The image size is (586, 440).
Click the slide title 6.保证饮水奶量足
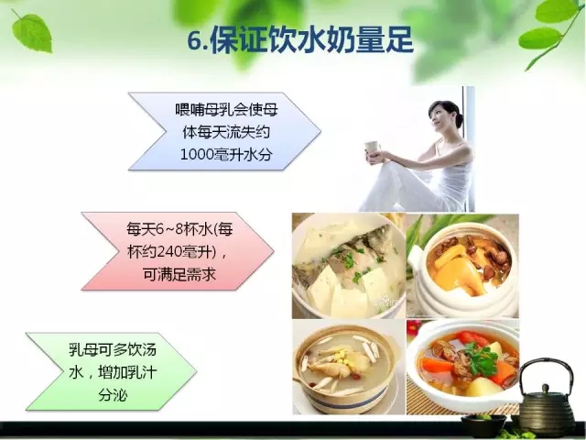point(300,40)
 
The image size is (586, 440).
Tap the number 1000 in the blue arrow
point(198,155)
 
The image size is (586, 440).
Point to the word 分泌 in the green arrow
point(113,395)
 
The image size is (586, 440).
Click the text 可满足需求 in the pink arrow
point(179,275)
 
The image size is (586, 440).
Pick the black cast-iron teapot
point(546,396)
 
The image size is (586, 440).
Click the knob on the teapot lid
point(546,388)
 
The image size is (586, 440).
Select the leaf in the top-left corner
point(32,33)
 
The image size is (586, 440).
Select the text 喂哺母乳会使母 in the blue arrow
point(226,110)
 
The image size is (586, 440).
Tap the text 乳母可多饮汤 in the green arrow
point(113,349)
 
